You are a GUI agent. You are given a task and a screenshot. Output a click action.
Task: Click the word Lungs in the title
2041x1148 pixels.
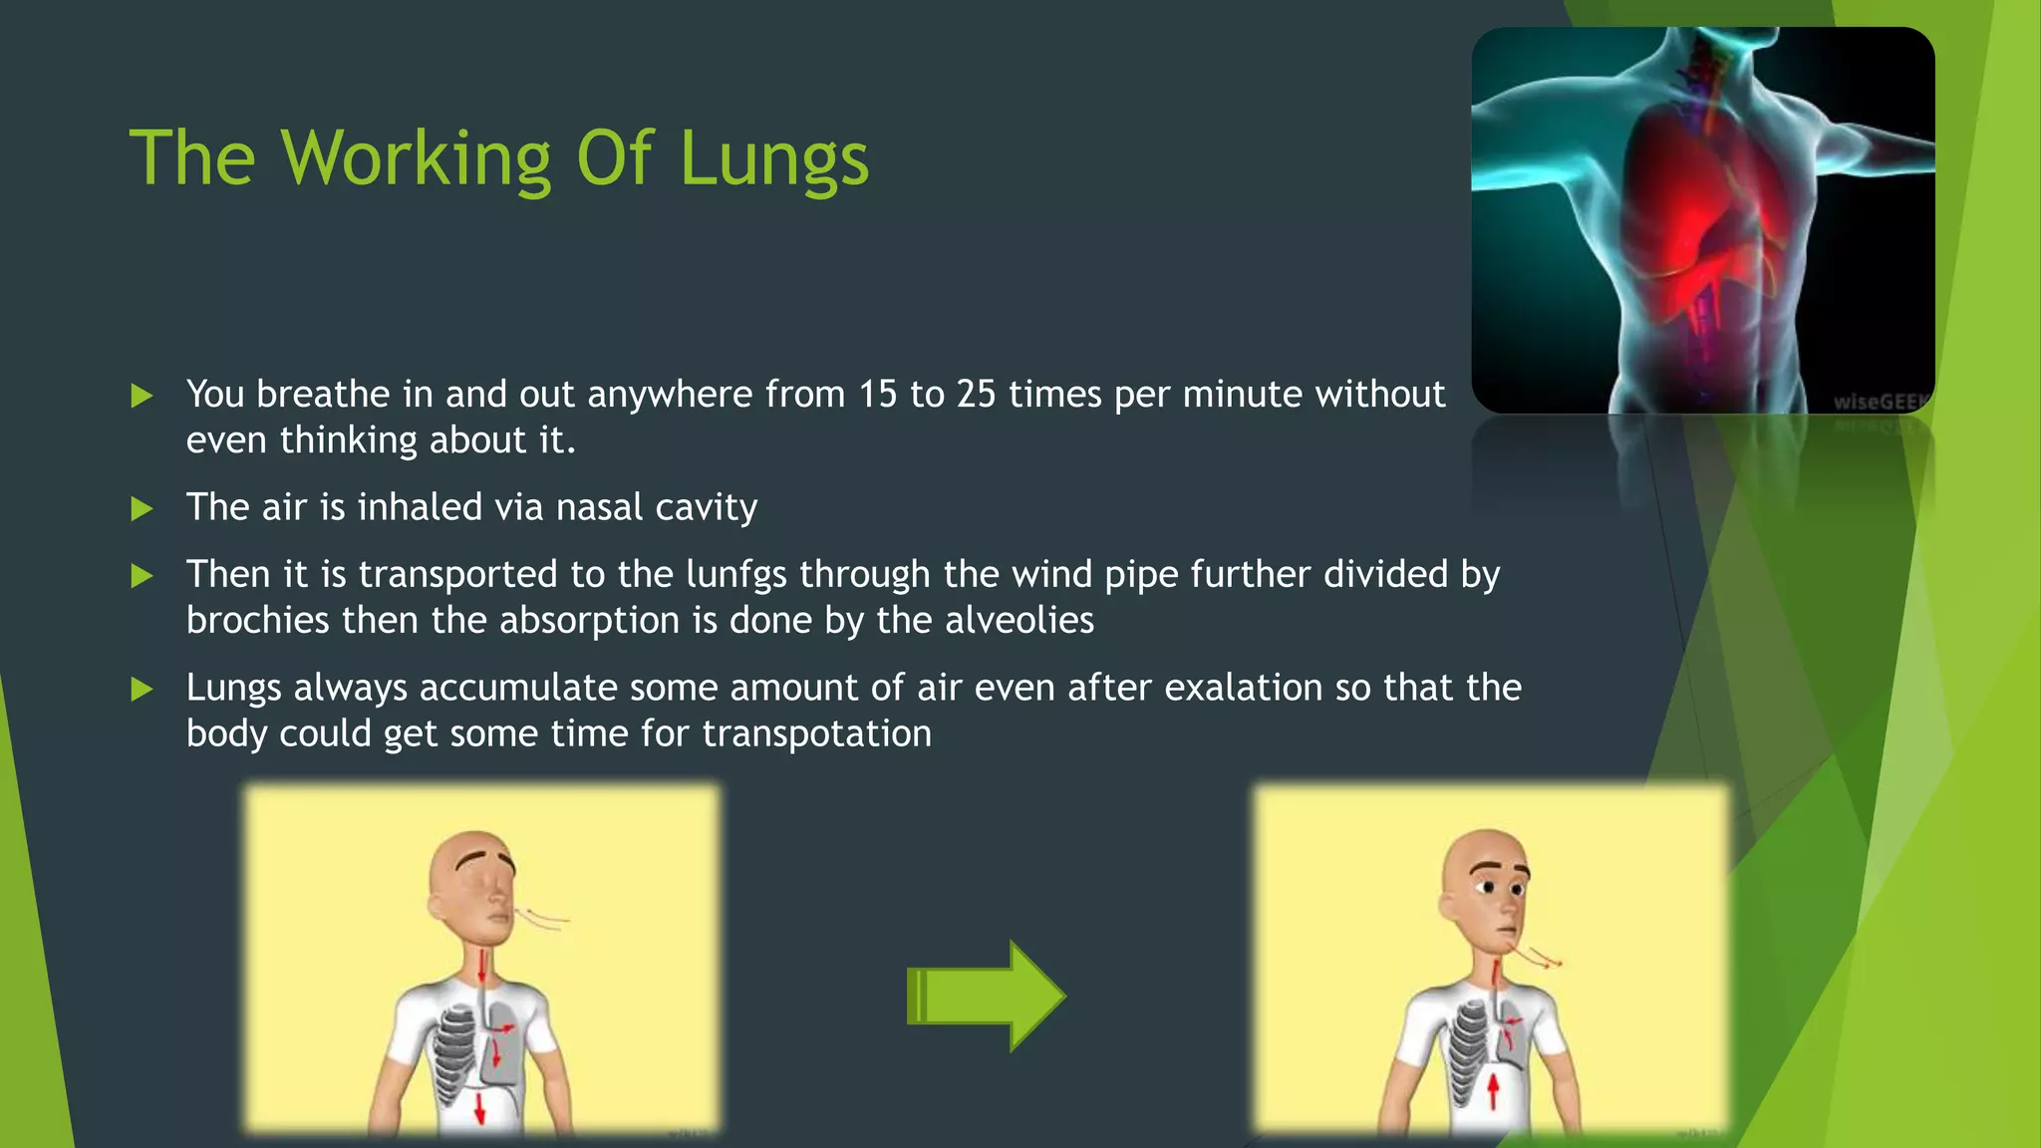(x=774, y=159)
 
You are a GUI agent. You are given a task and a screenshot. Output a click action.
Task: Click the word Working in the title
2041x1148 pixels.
(x=416, y=159)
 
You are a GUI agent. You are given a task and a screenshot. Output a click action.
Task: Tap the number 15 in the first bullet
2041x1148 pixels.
(x=878, y=395)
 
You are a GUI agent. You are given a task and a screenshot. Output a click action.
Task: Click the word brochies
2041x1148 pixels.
(x=257, y=621)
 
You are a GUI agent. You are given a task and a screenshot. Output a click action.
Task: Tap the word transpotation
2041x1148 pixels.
(x=816, y=734)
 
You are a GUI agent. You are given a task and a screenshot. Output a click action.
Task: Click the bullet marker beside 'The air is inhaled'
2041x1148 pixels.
(x=143, y=510)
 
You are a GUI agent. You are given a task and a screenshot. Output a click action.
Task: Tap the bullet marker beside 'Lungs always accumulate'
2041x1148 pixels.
(x=143, y=690)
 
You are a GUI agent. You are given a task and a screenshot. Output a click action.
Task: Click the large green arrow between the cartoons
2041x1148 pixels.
(x=987, y=996)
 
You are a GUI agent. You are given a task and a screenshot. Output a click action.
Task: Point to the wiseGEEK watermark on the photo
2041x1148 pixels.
(x=1880, y=403)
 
